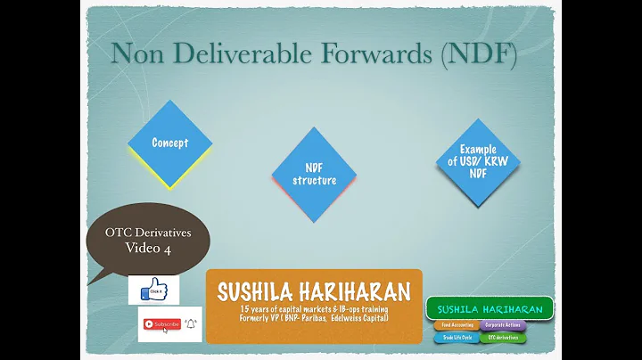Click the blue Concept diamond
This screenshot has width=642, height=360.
tap(169, 143)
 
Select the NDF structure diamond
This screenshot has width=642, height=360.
tap(314, 174)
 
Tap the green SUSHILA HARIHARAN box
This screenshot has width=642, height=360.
tap(490, 308)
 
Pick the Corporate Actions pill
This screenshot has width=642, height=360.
tap(504, 326)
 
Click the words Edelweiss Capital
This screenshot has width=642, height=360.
tap(357, 318)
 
